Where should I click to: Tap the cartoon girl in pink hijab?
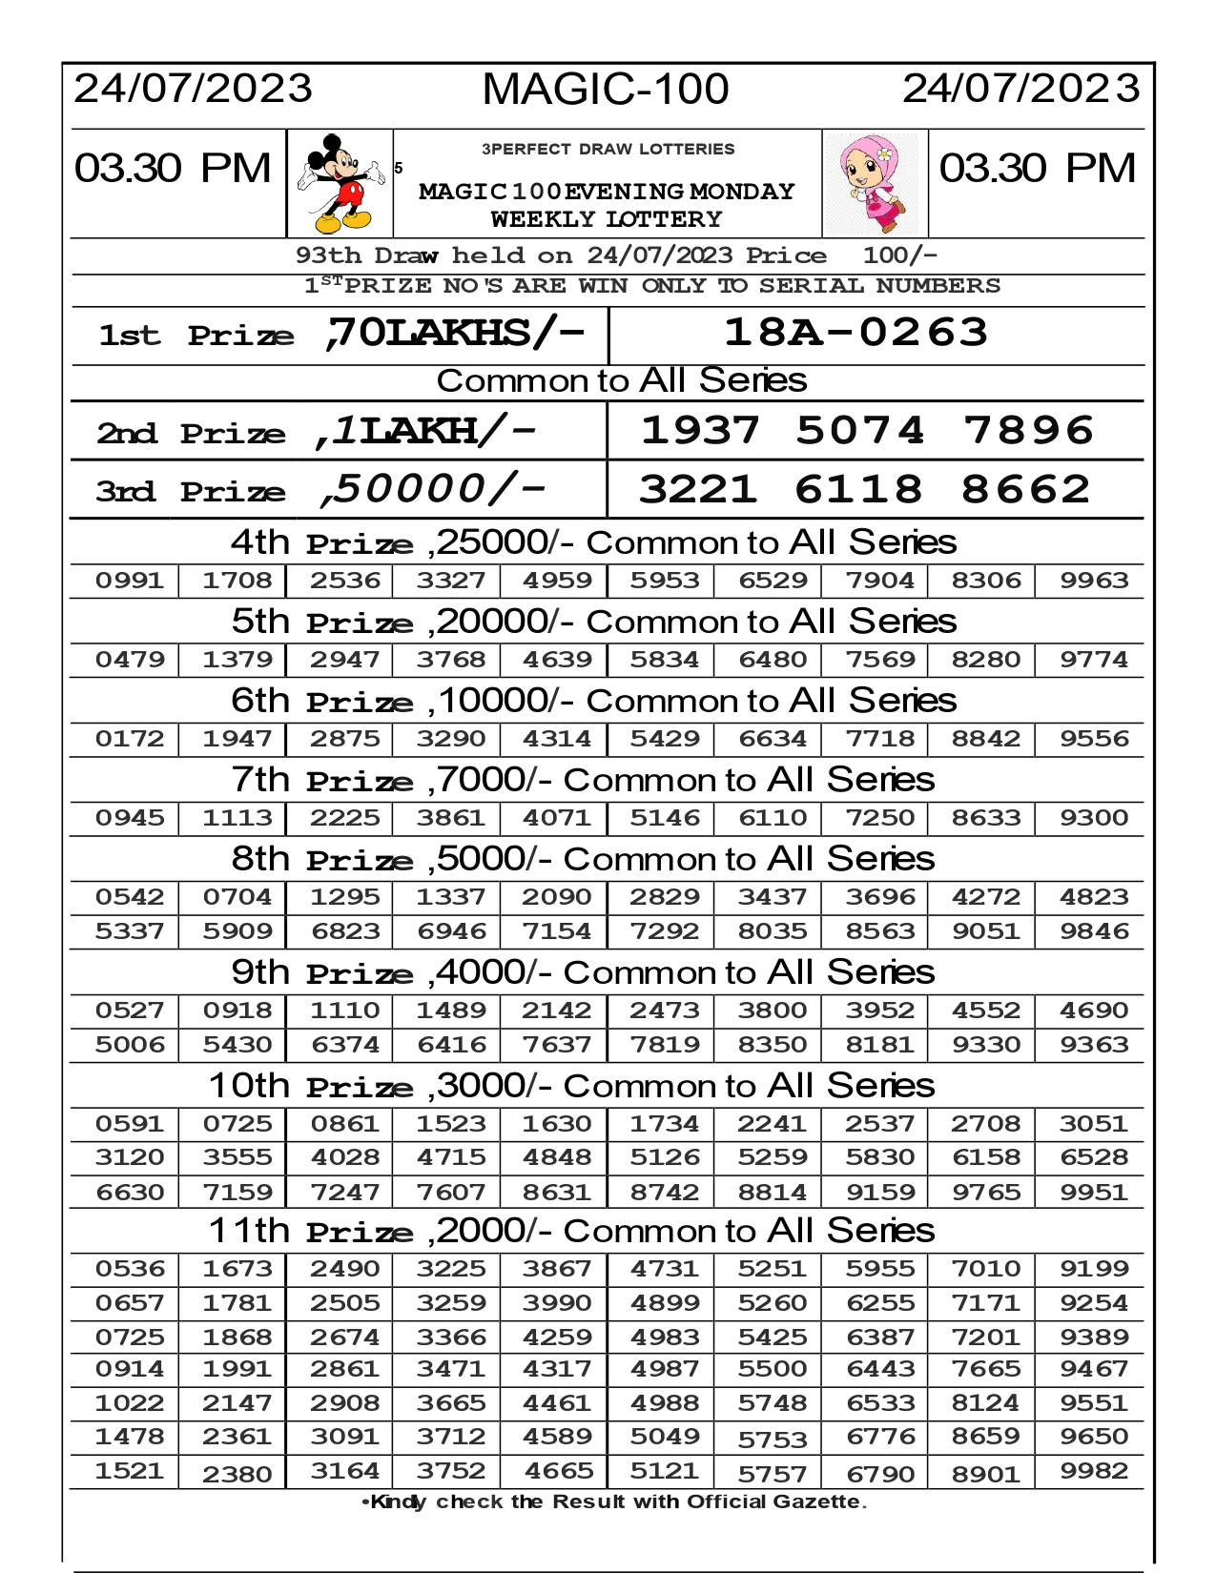pyautogui.click(x=876, y=184)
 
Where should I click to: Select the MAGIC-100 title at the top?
pyautogui.click(x=606, y=90)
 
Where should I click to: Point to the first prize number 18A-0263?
pyautogui.click(x=855, y=333)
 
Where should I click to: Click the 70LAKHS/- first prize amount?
pyautogui.click(x=454, y=333)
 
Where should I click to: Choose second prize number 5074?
pyautogui.click(x=859, y=430)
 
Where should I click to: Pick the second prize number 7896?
pyautogui.click(x=1027, y=430)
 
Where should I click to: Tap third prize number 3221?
pyautogui.click(x=698, y=489)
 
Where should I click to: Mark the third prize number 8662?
pyautogui.click(x=1025, y=489)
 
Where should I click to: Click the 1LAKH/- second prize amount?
pyautogui.click(x=425, y=431)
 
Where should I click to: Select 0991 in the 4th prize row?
pyautogui.click(x=130, y=581)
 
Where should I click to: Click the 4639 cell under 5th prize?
pyautogui.click(x=558, y=660)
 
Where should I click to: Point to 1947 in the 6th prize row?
pyautogui.click(x=237, y=739)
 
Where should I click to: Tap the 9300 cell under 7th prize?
pyautogui.click(x=1094, y=818)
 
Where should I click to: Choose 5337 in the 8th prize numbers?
pyautogui.click(x=130, y=931)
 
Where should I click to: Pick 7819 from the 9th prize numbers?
pyautogui.click(x=665, y=1045)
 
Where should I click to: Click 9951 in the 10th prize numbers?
pyautogui.click(x=1094, y=1193)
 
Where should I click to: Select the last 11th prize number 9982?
pyautogui.click(x=1094, y=1472)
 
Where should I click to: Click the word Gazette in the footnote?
pyautogui.click(x=818, y=1502)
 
